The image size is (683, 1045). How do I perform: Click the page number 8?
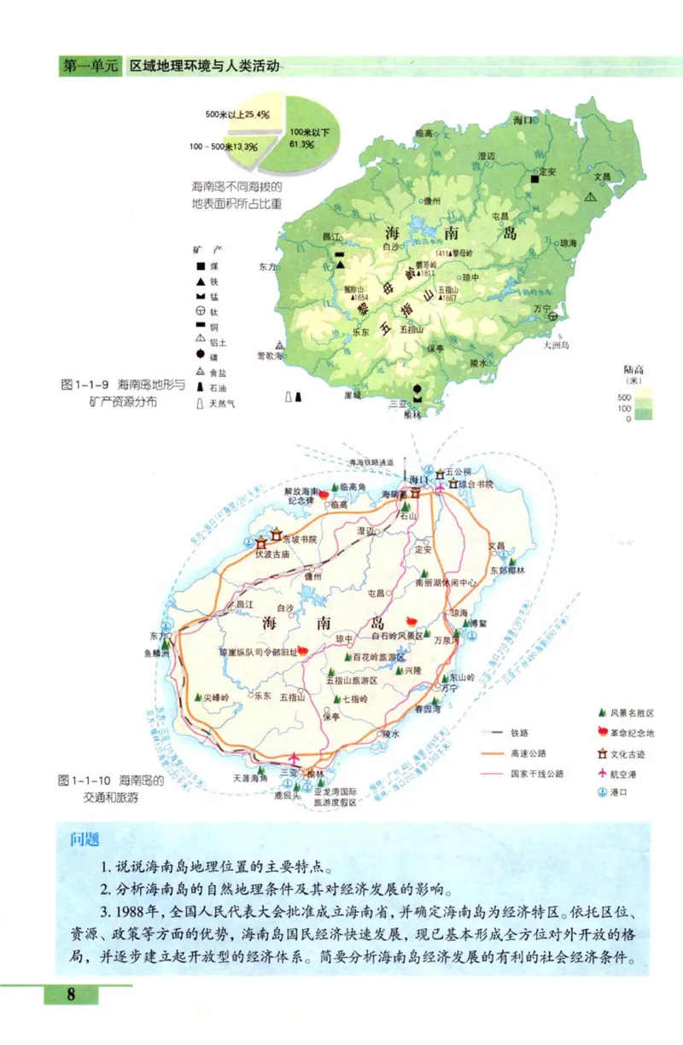click(x=72, y=994)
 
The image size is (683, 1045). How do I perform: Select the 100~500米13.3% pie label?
click(x=224, y=147)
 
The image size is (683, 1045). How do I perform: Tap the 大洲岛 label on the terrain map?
click(x=560, y=345)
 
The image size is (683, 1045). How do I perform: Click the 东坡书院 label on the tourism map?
click(x=304, y=538)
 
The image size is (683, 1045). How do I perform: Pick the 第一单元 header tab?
click(x=90, y=67)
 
